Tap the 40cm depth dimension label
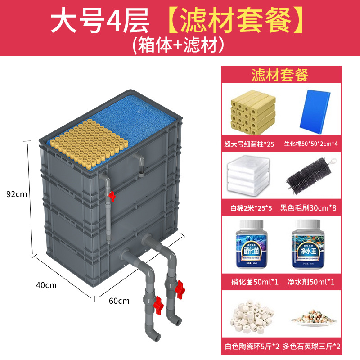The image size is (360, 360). coord(47,285)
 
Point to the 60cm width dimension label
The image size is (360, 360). coord(119,301)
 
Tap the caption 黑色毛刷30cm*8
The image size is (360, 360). coord(309,208)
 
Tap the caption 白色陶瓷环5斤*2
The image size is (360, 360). coord(252,346)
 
